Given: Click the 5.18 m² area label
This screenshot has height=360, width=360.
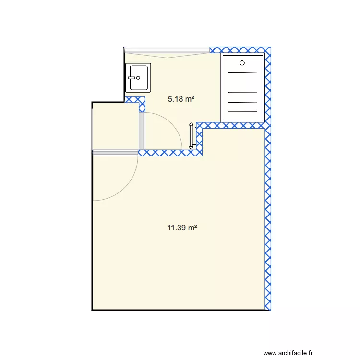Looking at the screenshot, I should click(181, 99).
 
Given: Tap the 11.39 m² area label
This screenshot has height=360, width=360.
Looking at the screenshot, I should click(182, 228).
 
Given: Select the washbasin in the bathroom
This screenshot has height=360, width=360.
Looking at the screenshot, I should click(138, 77).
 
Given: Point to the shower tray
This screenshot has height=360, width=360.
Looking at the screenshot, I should click(242, 87).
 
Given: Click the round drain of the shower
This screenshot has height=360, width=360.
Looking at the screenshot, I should click(242, 63).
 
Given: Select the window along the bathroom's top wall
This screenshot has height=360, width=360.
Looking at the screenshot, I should click(167, 50).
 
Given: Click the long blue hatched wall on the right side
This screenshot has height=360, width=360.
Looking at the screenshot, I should click(268, 216).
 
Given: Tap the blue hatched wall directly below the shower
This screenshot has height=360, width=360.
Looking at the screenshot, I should click(233, 125).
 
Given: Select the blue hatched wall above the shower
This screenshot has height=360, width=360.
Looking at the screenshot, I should click(240, 50).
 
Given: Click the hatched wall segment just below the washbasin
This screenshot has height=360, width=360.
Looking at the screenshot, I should click(135, 100).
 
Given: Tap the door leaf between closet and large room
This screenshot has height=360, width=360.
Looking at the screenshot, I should click(115, 153).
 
